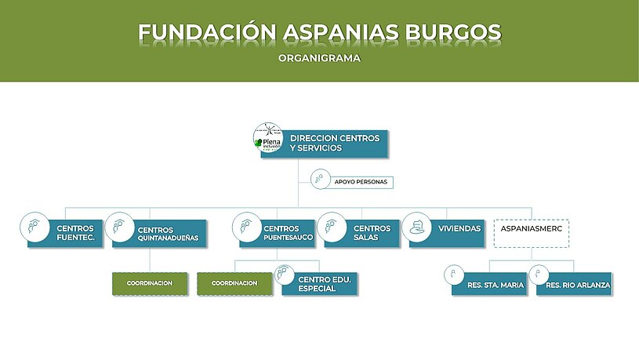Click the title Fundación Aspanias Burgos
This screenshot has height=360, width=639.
(319, 32)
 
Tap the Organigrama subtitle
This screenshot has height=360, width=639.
(319, 57)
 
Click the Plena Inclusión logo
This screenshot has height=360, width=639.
(268, 140)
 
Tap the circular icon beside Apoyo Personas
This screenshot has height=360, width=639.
(320, 180)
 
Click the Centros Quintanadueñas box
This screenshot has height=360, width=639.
(161, 234)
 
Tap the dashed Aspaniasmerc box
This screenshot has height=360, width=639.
(531, 234)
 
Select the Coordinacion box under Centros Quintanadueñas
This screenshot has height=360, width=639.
(150, 283)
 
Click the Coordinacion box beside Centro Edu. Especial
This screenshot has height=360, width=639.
(234, 283)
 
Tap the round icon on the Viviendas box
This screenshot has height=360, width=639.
(418, 227)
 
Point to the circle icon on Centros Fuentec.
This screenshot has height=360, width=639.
(34, 227)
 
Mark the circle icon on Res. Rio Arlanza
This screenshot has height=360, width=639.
(538, 275)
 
